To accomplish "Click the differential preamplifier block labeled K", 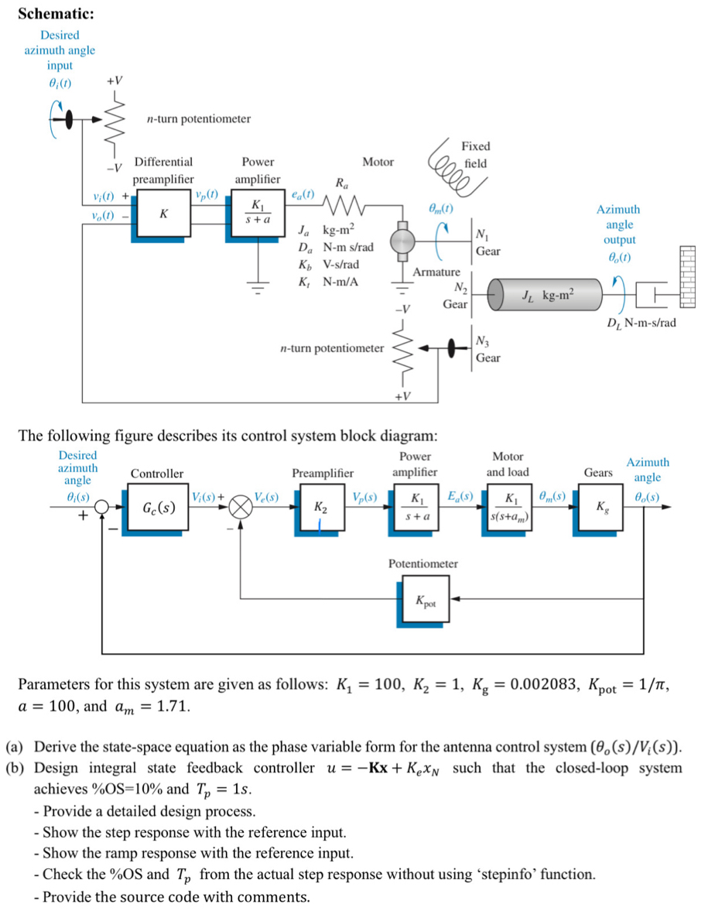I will pyautogui.click(x=162, y=214).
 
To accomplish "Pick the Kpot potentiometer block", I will pyautogui.click(x=424, y=600).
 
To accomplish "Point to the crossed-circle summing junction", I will pyautogui.click(x=241, y=510).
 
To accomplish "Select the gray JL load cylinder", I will pyautogui.click(x=546, y=295).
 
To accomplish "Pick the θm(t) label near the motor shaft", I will pyautogui.click(x=440, y=209).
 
